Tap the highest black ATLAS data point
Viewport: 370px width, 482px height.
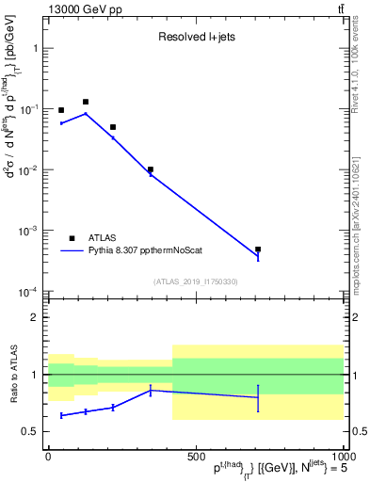point(86,102)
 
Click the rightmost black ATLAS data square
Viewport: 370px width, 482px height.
point(258,249)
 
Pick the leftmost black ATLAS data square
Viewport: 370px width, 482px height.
point(61,110)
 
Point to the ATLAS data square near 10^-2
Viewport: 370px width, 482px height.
point(151,169)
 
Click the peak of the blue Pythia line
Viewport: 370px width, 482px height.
point(86,114)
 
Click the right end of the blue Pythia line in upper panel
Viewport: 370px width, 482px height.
point(258,257)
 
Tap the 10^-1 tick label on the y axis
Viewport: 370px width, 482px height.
point(32,110)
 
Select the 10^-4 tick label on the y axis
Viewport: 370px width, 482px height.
point(32,292)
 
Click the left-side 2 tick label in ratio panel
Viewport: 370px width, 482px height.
point(35,317)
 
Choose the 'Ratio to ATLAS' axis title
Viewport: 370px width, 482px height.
point(13,375)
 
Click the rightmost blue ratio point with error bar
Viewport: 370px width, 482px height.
point(258,397)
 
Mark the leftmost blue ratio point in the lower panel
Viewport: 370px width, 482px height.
point(61,415)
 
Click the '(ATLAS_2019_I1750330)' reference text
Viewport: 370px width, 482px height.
point(196,281)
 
